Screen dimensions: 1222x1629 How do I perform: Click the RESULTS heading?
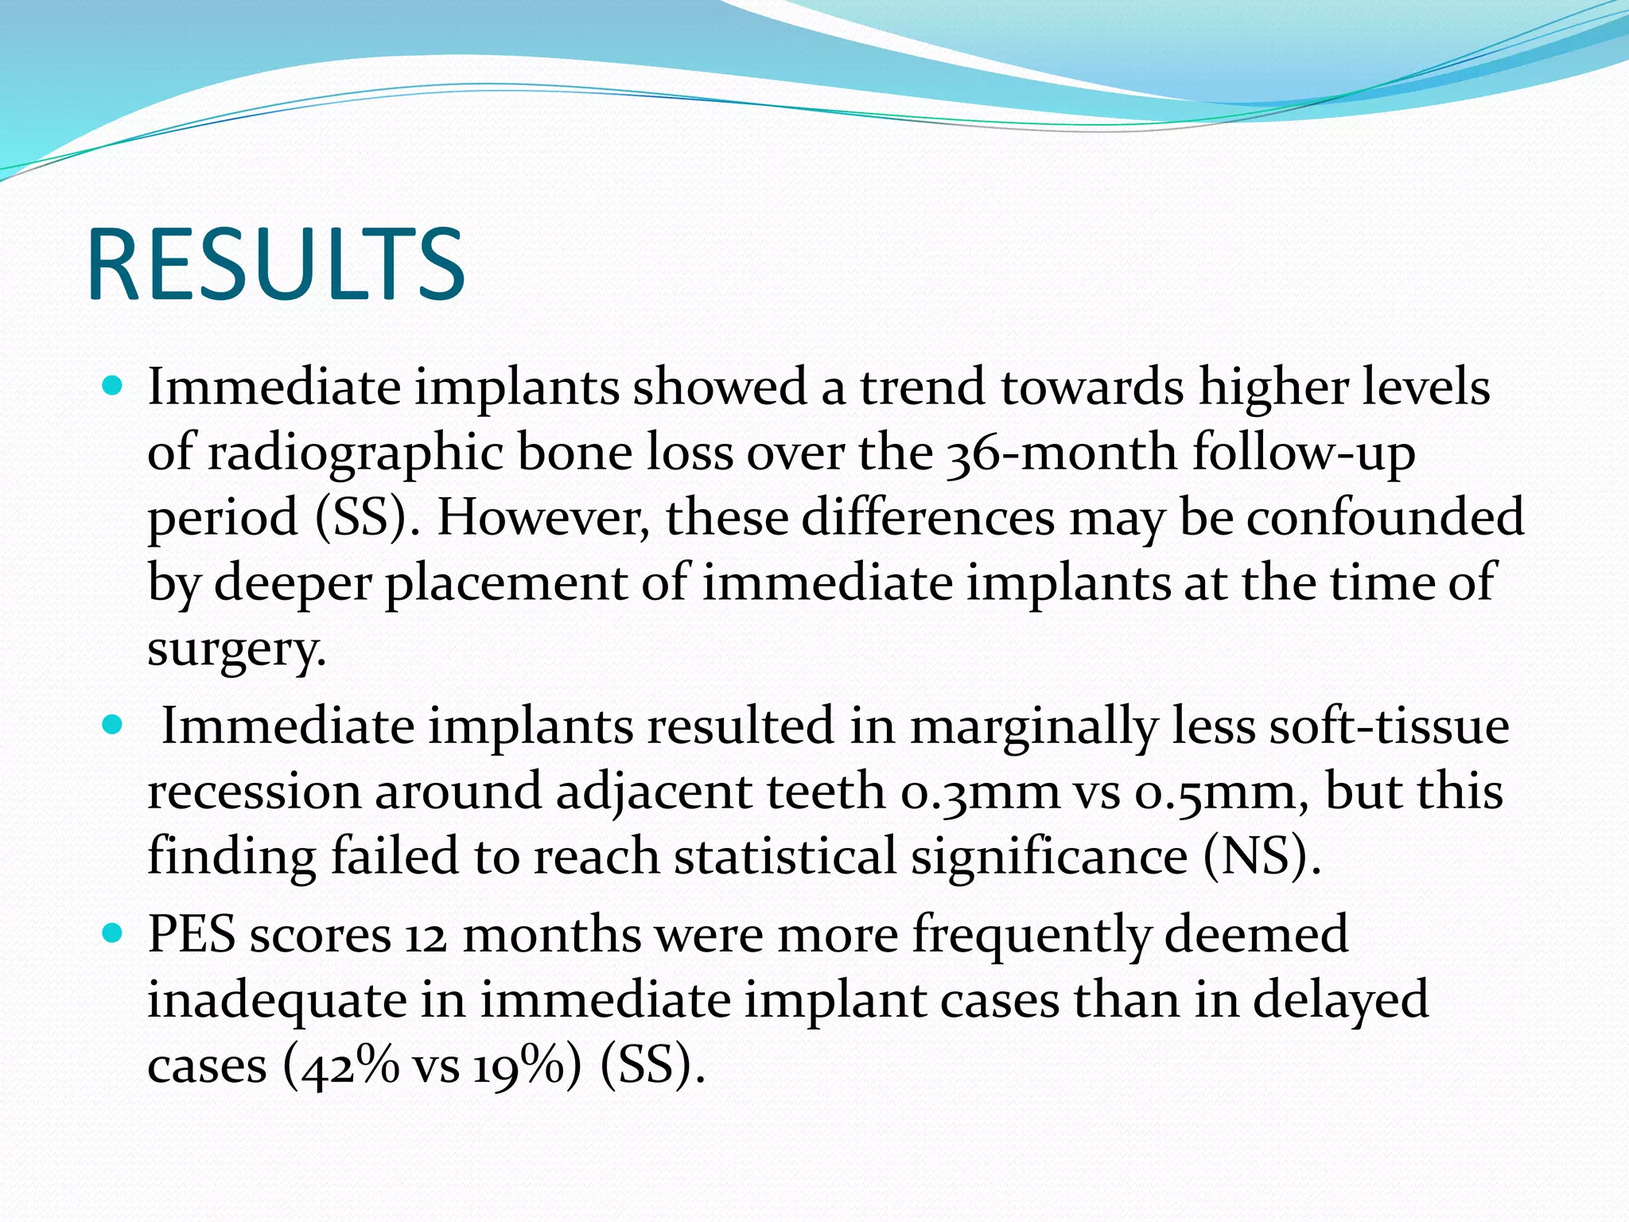[275, 264]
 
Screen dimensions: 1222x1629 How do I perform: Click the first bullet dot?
[113, 387]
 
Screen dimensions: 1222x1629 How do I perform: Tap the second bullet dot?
[113, 726]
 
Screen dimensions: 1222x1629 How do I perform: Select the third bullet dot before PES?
[113, 933]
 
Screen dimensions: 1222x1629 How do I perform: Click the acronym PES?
[192, 934]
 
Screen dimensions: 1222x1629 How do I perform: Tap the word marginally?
[1033, 727]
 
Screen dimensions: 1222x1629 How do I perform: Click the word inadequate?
[277, 1001]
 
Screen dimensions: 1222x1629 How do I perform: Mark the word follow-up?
[1304, 453]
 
